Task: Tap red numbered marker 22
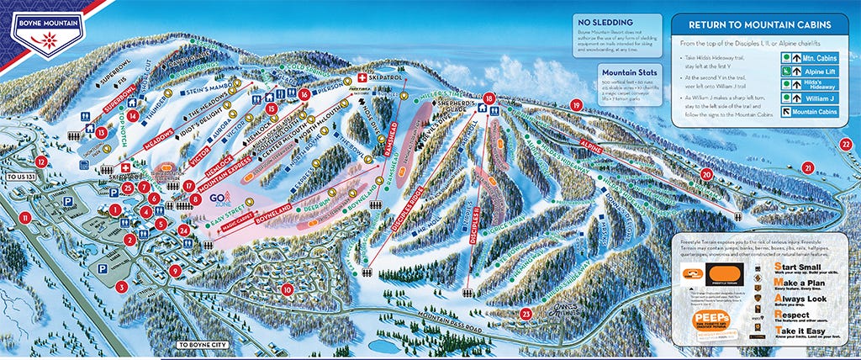coord(846,144)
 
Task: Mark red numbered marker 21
coord(808,167)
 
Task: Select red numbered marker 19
coord(576,104)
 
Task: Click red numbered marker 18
coord(489,100)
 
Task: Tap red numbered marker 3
coord(122,287)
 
